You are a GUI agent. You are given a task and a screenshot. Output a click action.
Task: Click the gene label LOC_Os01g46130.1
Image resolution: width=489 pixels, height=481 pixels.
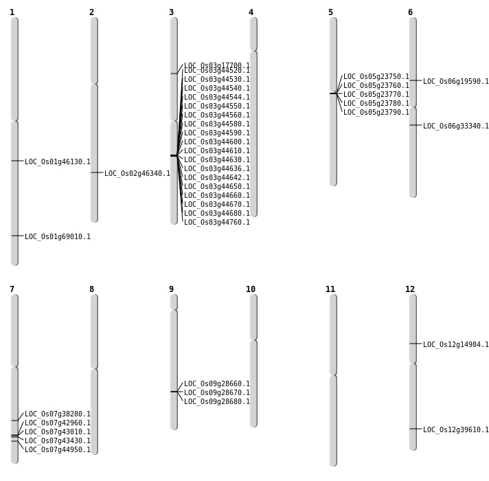click(x=58, y=162)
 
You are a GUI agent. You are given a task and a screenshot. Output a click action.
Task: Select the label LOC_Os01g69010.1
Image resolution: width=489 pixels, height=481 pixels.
click(x=58, y=237)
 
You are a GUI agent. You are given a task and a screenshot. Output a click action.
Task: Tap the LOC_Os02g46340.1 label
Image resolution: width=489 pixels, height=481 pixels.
click(x=137, y=174)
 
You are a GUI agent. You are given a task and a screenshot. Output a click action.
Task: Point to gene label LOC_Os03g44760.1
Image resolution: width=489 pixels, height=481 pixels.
click(x=217, y=223)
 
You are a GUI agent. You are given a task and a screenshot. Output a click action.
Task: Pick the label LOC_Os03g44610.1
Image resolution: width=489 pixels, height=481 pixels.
click(x=217, y=151)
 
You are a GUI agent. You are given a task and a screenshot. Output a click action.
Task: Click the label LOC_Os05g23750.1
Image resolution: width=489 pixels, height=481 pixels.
click(x=376, y=77)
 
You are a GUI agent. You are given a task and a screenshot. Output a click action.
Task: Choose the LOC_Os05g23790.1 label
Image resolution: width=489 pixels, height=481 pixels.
click(x=376, y=113)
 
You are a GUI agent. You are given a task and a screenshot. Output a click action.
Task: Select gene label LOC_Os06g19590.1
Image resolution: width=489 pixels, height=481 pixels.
click(x=456, y=82)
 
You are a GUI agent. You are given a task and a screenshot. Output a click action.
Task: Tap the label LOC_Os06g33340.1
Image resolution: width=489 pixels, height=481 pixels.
click(x=456, y=126)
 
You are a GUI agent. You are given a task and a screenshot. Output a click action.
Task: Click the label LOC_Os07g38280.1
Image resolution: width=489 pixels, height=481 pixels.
click(x=58, y=414)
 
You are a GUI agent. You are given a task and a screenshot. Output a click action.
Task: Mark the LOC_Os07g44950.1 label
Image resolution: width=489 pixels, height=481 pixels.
click(x=58, y=450)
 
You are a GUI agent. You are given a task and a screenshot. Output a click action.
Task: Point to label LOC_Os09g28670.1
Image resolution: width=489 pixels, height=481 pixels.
click(x=217, y=393)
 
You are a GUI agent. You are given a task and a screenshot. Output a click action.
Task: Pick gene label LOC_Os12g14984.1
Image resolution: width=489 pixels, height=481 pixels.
click(x=456, y=345)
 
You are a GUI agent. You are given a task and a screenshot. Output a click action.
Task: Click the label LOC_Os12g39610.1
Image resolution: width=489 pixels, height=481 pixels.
click(x=456, y=430)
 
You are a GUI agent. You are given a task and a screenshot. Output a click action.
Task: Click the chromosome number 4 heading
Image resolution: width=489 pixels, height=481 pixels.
click(x=251, y=12)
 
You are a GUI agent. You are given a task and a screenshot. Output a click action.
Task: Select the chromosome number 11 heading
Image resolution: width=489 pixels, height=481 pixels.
click(x=330, y=289)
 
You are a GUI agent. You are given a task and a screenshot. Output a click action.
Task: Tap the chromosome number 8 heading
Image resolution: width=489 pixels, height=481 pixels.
click(x=91, y=289)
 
